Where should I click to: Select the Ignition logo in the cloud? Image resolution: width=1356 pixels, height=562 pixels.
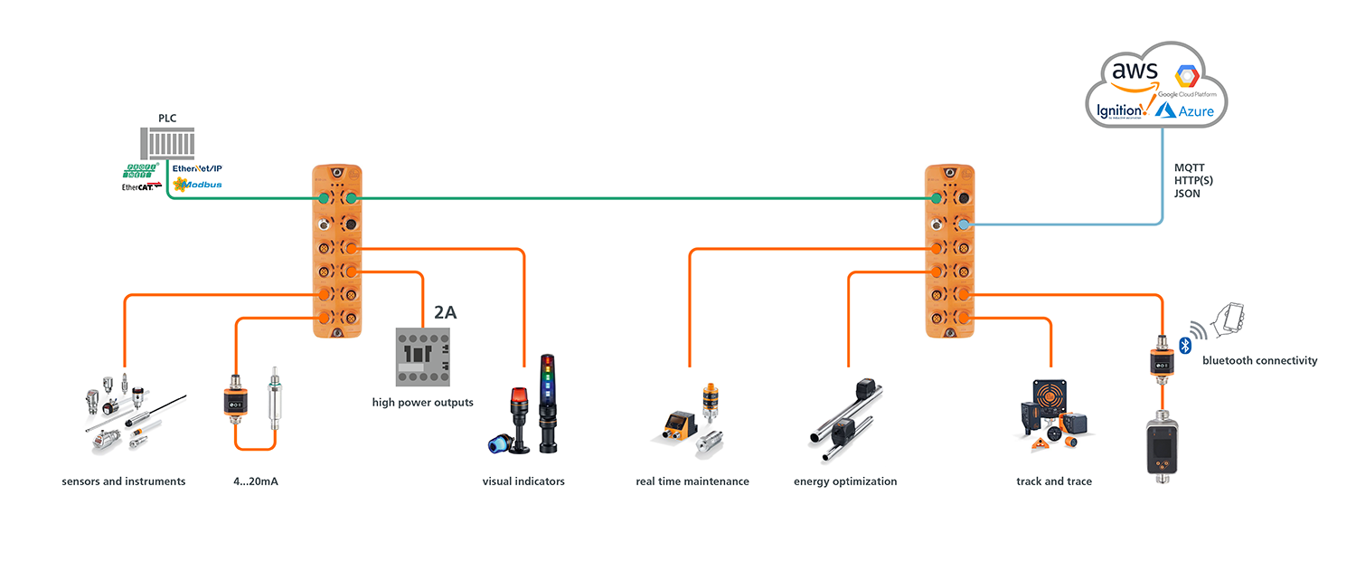click(x=1120, y=110)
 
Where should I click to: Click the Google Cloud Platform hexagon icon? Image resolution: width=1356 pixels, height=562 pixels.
click(x=1184, y=76)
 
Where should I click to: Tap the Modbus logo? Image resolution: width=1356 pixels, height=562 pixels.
click(x=197, y=184)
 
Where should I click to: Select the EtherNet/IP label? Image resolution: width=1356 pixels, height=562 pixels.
click(x=196, y=168)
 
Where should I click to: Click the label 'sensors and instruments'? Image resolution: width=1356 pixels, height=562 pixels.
click(x=124, y=481)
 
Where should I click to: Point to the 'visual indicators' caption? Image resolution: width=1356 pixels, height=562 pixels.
click(x=523, y=481)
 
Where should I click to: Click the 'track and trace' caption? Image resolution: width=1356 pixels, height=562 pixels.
click(x=1053, y=481)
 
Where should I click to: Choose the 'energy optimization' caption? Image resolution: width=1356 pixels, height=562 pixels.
click(x=845, y=481)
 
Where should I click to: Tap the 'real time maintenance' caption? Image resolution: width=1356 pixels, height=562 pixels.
click(x=692, y=481)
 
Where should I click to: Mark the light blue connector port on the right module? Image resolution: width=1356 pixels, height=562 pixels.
click(x=965, y=224)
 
